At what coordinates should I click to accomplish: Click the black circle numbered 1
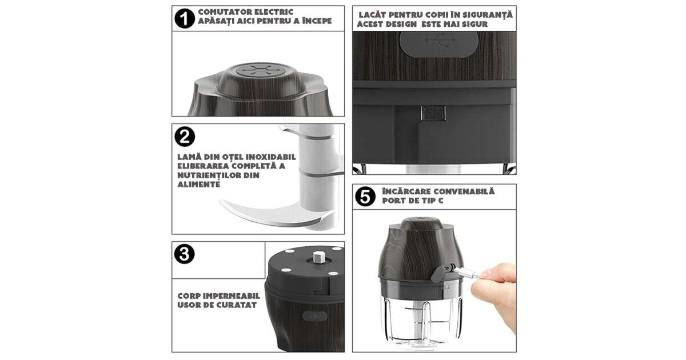(x=184, y=18)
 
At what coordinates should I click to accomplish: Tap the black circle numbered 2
(x=185, y=137)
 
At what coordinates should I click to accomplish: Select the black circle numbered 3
(x=184, y=254)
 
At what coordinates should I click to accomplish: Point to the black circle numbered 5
(x=365, y=196)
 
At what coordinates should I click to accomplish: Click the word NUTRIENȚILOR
(x=208, y=176)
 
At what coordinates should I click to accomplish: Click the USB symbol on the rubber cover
(x=440, y=41)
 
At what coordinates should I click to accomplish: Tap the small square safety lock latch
(x=433, y=113)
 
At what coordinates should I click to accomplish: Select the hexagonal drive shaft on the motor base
(x=319, y=257)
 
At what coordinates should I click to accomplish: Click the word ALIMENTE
(x=199, y=185)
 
